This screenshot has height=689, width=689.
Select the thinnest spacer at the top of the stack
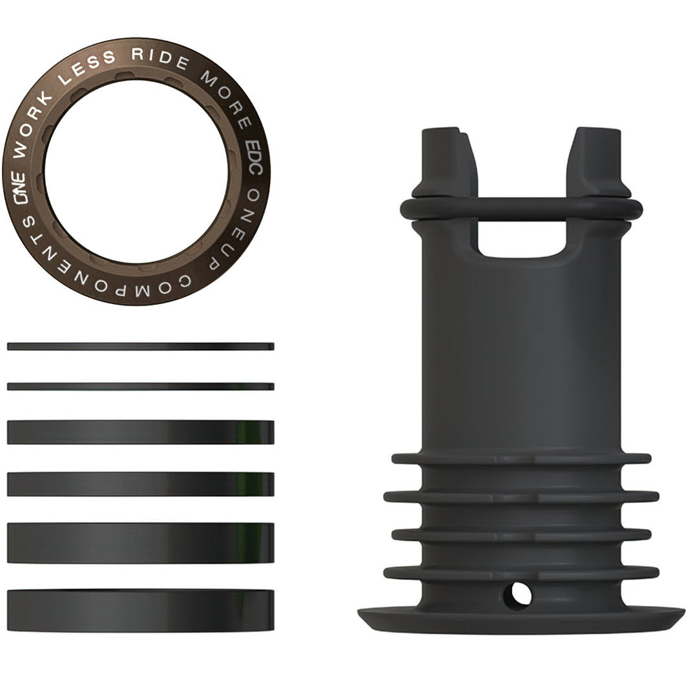pyautogui.click(x=141, y=347)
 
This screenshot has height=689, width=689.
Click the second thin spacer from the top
pyautogui.click(x=141, y=387)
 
